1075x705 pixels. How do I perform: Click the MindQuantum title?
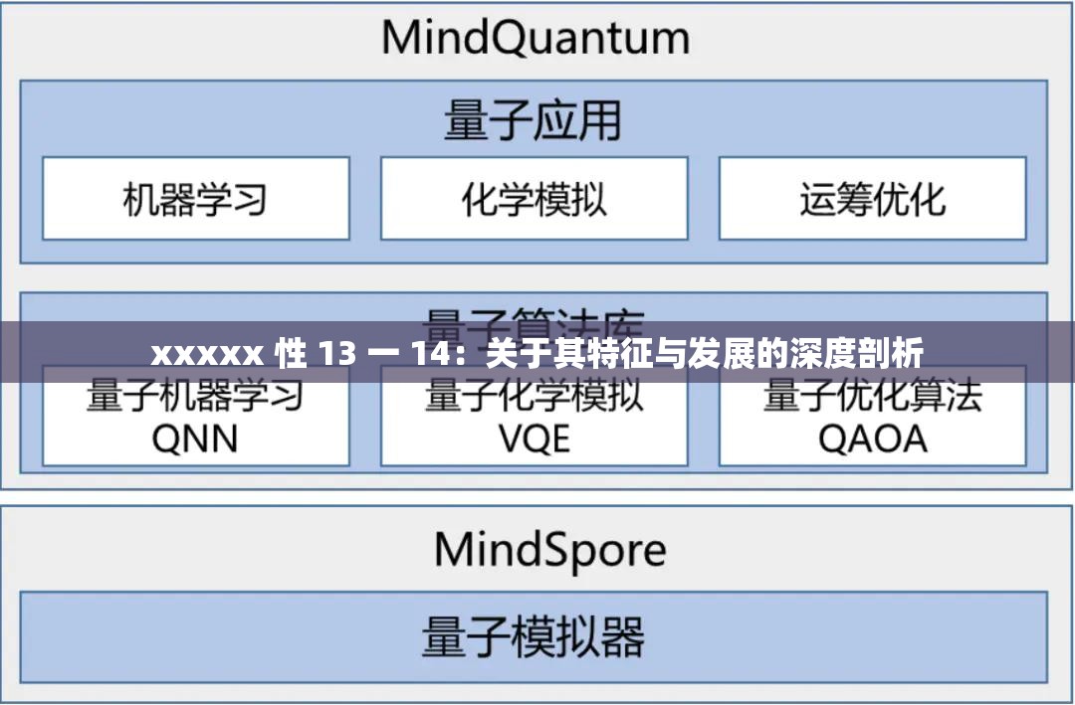coord(535,39)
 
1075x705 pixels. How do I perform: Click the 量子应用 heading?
coord(533,121)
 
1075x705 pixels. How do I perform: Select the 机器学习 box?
coord(195,199)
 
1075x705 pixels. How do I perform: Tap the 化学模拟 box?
coord(534,199)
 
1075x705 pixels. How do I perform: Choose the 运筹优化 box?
coord(872,199)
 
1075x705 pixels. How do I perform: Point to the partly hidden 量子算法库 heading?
coord(534,316)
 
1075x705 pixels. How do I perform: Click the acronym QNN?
coord(195,439)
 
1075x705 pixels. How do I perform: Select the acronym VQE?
coord(534,439)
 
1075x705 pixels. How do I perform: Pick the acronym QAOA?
coord(872,439)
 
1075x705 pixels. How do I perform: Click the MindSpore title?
coord(549,549)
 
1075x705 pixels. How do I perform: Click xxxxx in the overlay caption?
coord(207,353)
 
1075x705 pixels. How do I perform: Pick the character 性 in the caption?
coord(290,353)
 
